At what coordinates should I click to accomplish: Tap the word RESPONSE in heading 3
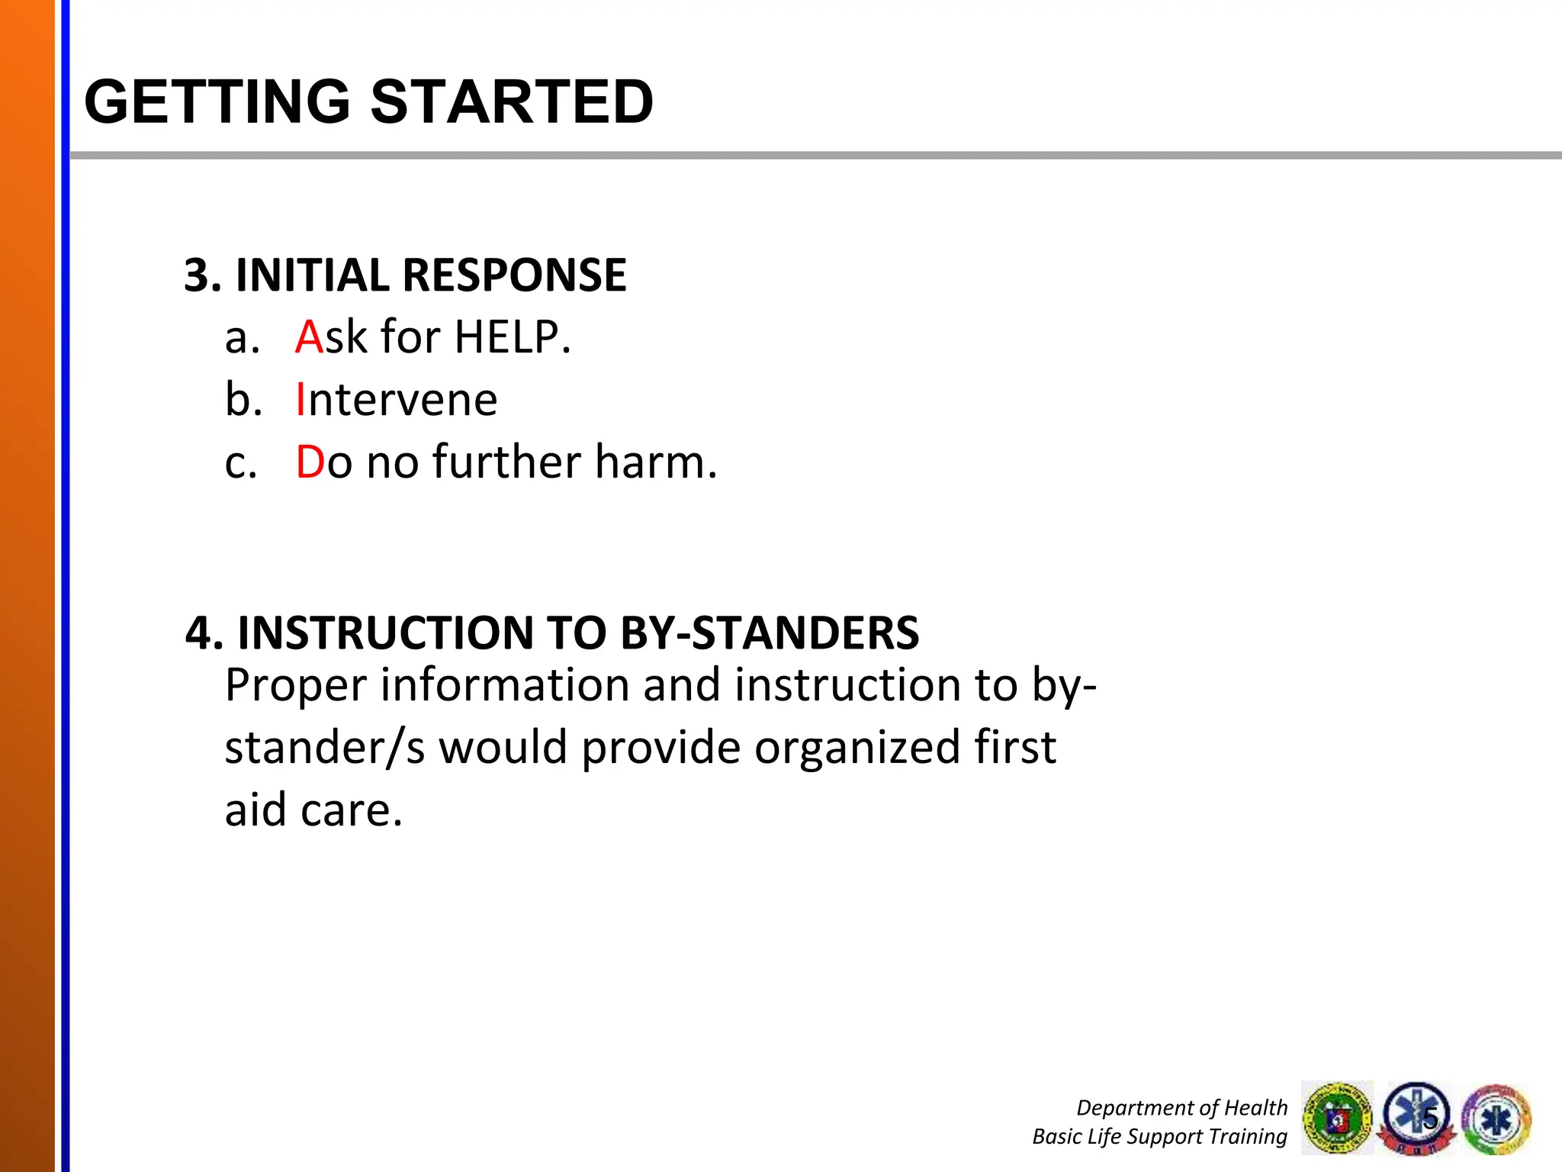coord(514,275)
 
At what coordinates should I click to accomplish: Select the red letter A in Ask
coord(309,337)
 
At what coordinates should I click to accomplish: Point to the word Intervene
coord(397,400)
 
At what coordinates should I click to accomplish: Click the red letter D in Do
coord(310,462)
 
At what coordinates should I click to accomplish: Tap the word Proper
coord(296,686)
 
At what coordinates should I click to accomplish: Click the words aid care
coord(313,810)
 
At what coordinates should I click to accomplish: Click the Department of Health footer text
coord(1181,1107)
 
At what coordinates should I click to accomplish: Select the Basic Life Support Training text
coord(1159,1136)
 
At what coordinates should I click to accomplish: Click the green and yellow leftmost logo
coord(1336,1118)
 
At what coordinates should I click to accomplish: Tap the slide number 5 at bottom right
coord(1430,1118)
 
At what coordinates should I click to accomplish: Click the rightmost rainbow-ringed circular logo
coord(1496,1119)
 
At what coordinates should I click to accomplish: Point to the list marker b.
coord(243,400)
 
